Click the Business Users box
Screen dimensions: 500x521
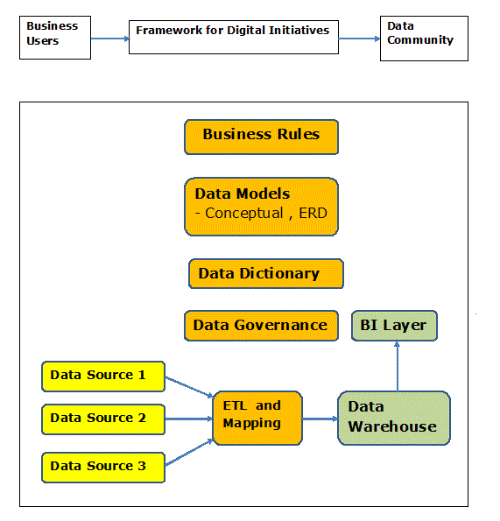pyautogui.click(x=55, y=38)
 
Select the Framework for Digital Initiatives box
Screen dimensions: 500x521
pyautogui.click(x=234, y=37)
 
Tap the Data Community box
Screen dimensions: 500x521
pyautogui.click(x=424, y=39)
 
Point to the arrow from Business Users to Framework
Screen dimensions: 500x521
pyautogui.click(x=110, y=39)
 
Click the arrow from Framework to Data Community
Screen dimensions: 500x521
pyautogui.click(x=360, y=39)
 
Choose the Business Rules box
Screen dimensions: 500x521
pyautogui.click(x=261, y=137)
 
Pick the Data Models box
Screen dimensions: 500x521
pyautogui.click(x=261, y=207)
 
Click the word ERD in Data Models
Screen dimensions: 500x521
pyautogui.click(x=313, y=213)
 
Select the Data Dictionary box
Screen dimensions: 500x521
pyautogui.click(x=266, y=273)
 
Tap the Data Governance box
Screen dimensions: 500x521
pyautogui.click(x=261, y=325)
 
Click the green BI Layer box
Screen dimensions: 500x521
pyautogui.click(x=394, y=325)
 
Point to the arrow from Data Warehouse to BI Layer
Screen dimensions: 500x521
pyautogui.click(x=397, y=366)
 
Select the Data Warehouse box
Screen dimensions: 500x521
pyautogui.click(x=394, y=418)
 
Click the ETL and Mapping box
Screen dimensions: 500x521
pyautogui.click(x=257, y=418)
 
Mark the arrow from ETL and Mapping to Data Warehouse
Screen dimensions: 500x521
pyautogui.click(x=320, y=419)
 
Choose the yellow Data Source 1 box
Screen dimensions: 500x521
pyautogui.click(x=103, y=377)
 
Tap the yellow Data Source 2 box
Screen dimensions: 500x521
pyautogui.click(x=103, y=419)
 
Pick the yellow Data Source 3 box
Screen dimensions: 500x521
pyautogui.click(x=103, y=468)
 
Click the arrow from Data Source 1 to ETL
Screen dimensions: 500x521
pyautogui.click(x=189, y=387)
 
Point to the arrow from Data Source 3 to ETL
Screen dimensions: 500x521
pyautogui.click(x=189, y=452)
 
